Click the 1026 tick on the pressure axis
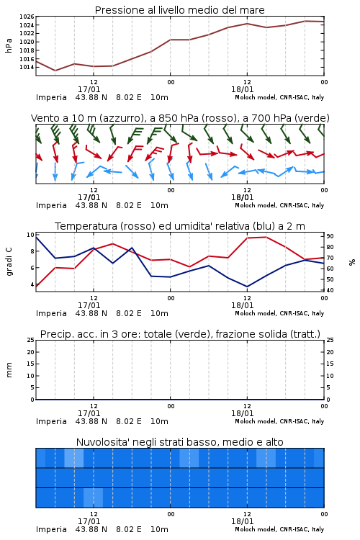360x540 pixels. tap(27, 17)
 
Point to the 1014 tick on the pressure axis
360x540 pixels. tap(27, 67)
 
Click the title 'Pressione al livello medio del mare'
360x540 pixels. tap(180, 10)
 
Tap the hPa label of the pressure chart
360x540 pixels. tap(9, 45)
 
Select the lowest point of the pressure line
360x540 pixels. tap(55, 71)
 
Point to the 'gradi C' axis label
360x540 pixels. tap(9, 262)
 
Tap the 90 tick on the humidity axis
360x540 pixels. tap(330, 236)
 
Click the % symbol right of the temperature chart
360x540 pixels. tap(352, 262)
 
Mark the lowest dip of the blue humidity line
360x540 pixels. tap(247, 287)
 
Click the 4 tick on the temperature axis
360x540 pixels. tap(32, 284)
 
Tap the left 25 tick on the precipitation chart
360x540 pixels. tap(31, 341)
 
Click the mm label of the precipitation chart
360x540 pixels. tap(9, 370)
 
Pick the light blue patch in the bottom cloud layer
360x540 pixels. tap(94, 498)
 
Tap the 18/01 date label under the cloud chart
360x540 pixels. tap(242, 521)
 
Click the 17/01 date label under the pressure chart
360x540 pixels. tap(89, 89)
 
